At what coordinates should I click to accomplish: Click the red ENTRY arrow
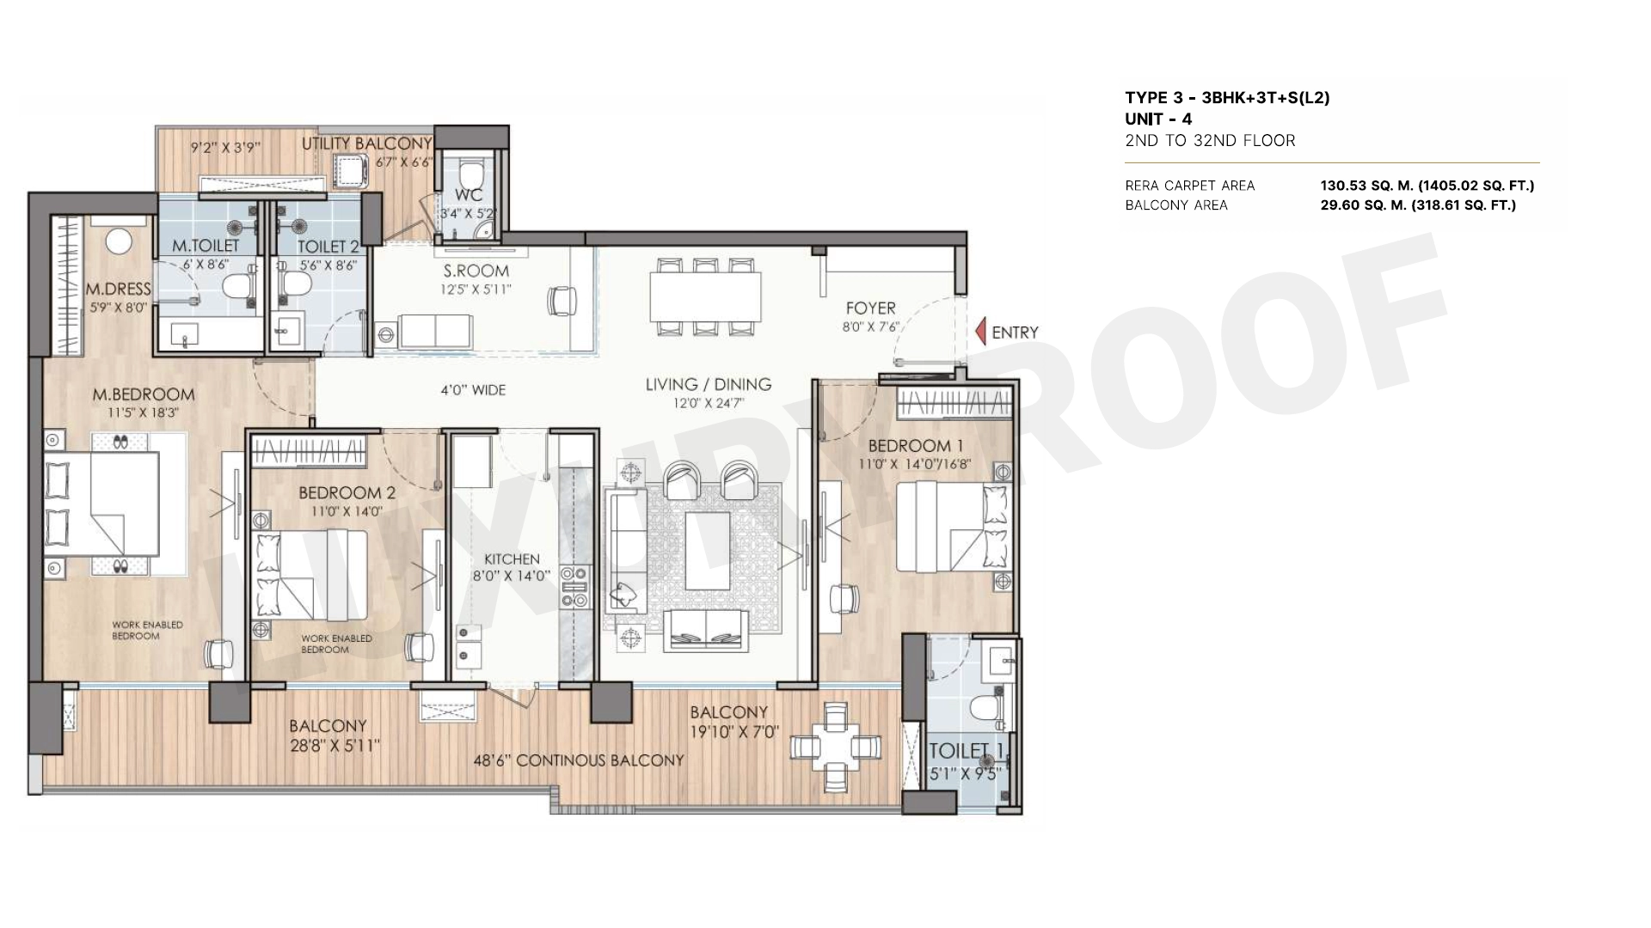point(980,332)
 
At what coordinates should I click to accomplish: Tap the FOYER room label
point(870,308)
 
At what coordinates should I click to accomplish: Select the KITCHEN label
point(512,559)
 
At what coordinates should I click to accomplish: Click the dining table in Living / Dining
point(705,296)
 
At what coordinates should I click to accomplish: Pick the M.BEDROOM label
point(144,394)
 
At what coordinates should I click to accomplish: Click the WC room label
point(469,195)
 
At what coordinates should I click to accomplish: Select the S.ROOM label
point(476,271)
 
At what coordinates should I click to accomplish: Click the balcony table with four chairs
point(836,747)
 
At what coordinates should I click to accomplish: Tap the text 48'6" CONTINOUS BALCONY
point(579,760)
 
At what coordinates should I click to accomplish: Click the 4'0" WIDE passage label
point(473,390)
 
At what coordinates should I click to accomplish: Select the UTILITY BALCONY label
point(366,143)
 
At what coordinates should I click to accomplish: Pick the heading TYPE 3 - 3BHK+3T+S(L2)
point(1227,98)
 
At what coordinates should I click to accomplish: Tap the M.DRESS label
point(118,289)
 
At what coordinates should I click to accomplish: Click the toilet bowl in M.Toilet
point(234,285)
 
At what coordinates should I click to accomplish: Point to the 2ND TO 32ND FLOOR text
point(1210,141)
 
